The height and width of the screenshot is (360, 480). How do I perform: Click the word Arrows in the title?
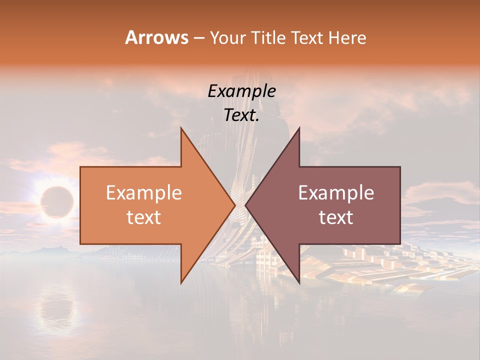tap(156, 37)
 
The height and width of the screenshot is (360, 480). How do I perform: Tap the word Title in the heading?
tap(268, 38)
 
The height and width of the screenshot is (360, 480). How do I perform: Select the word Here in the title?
tap(347, 38)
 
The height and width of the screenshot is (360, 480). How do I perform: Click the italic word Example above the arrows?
tap(242, 91)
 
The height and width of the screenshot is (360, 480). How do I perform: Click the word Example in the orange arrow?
tap(144, 193)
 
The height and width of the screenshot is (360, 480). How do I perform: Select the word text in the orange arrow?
tap(144, 217)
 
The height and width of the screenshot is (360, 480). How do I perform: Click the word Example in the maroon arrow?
tap(336, 193)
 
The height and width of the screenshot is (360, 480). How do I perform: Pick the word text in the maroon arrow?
tap(336, 217)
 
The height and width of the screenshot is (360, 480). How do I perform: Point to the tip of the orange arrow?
tap(234, 205)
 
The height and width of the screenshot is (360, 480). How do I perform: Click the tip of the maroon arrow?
tap(245, 205)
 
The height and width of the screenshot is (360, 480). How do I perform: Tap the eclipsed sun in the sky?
tap(56, 201)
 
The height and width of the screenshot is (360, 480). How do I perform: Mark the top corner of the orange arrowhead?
tap(181, 128)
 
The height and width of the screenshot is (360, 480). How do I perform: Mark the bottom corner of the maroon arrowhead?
tap(299, 282)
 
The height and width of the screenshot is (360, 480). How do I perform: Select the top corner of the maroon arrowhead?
tap(299, 128)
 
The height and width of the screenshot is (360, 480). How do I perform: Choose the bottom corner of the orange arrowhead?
tap(181, 282)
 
